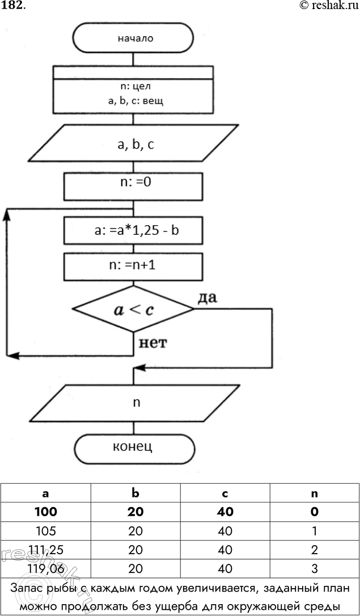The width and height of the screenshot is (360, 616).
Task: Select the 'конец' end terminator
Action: (133, 446)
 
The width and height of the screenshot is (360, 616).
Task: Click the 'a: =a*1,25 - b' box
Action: (133, 231)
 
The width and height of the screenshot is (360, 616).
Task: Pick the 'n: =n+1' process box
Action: (133, 265)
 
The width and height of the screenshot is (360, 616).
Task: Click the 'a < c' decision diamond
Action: (133, 309)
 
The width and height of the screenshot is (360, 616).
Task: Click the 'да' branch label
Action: (208, 297)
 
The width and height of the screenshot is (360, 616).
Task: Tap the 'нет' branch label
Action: (151, 342)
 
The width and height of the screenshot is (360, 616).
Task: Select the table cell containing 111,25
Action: (45, 549)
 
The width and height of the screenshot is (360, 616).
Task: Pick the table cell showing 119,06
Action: (45, 568)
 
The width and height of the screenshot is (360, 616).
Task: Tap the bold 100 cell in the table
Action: (45, 512)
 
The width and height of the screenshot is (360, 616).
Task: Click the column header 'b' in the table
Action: (135, 493)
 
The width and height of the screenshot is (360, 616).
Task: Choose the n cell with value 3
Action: (314, 568)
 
